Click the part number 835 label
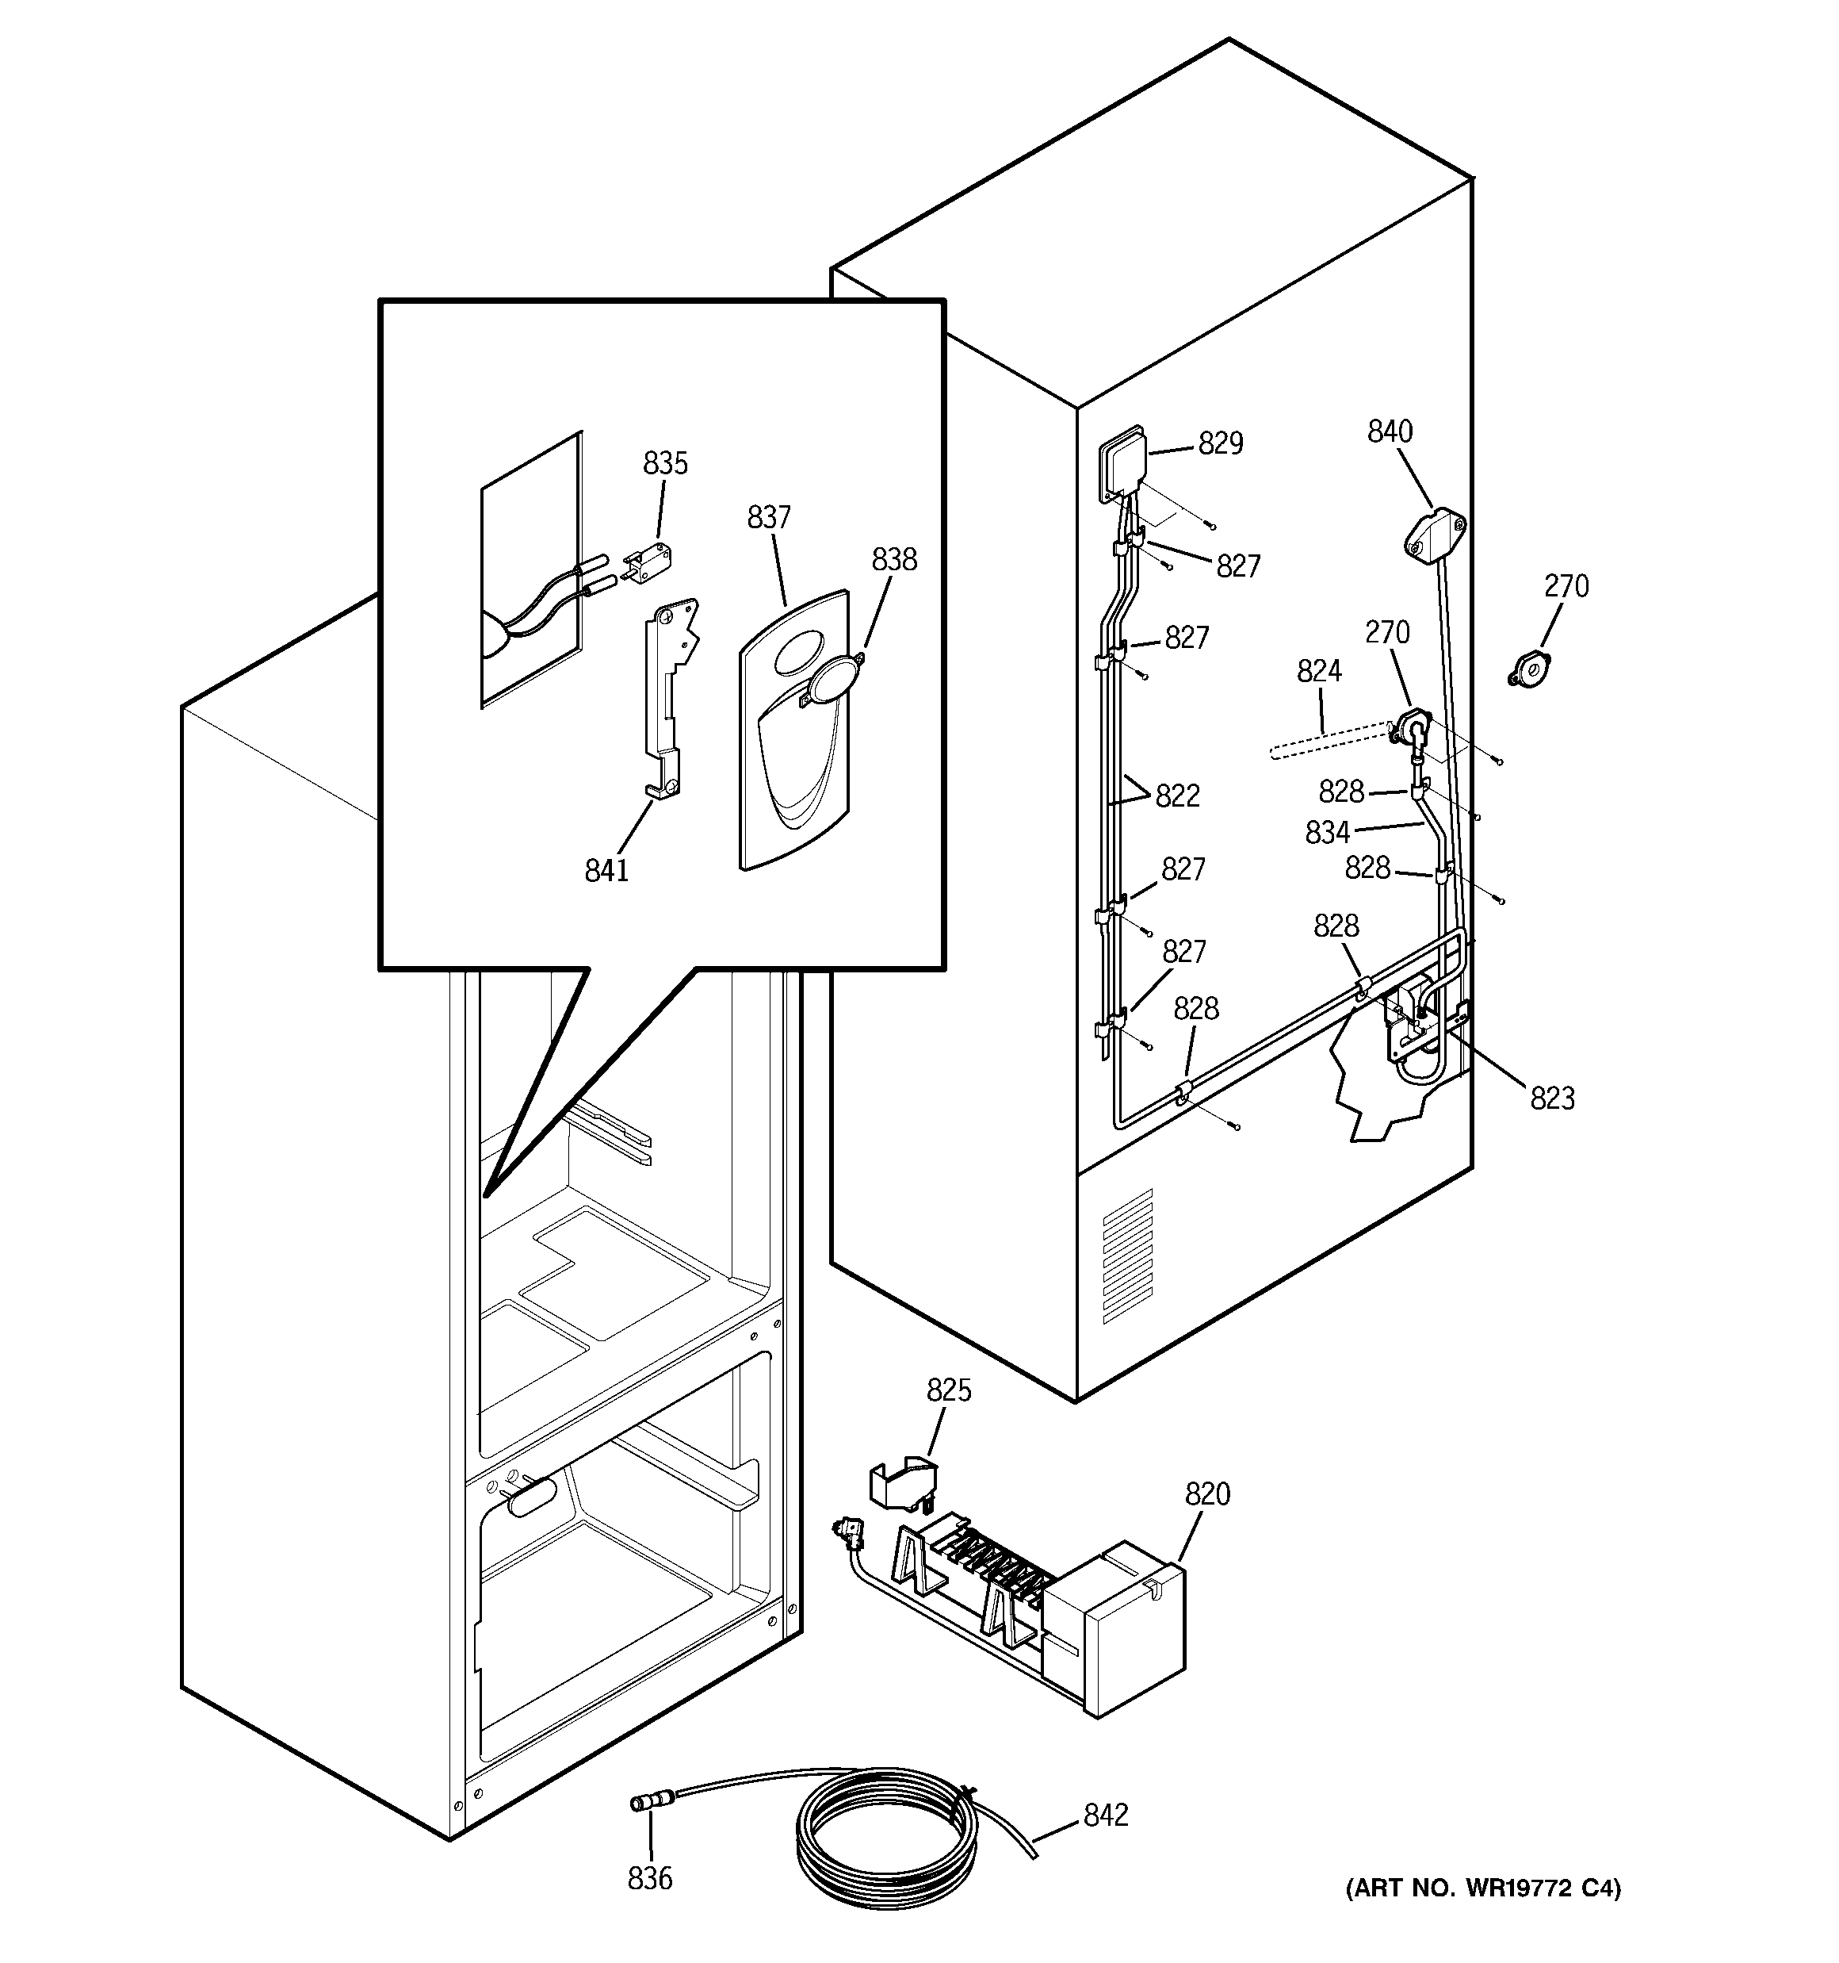[665, 463]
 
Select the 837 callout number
[769, 517]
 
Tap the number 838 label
[893, 560]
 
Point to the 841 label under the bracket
[606, 870]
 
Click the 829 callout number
[1220, 443]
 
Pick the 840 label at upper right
[1390, 431]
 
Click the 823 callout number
[1552, 1098]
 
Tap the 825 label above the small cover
[949, 1390]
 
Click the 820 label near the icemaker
[1207, 1495]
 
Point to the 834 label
[1327, 833]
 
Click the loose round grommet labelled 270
[1530, 672]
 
